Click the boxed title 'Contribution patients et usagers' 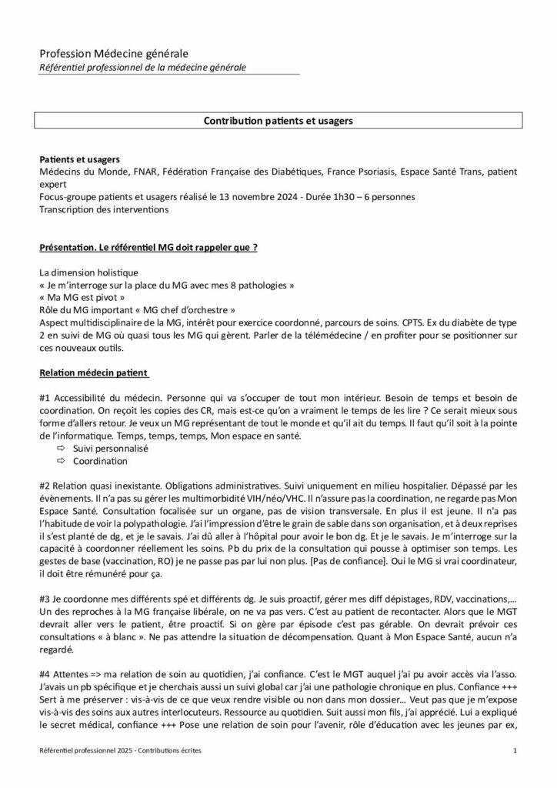278,121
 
